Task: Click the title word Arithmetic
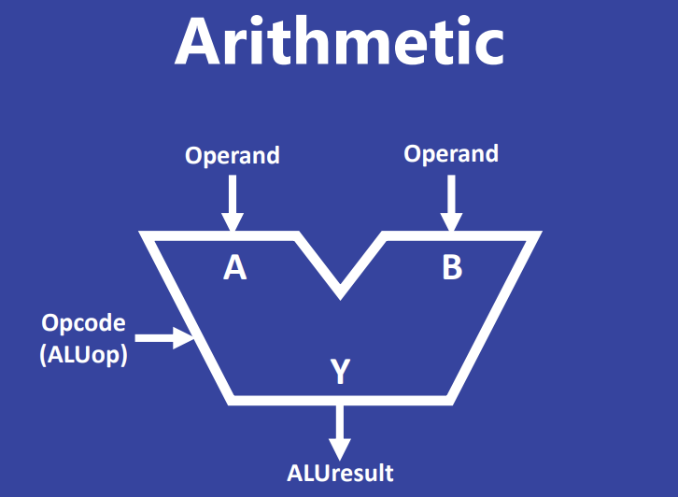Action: (x=339, y=42)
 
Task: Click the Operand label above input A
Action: (x=233, y=155)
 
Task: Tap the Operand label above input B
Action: (x=451, y=153)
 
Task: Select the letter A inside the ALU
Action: (x=234, y=269)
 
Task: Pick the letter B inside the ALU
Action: (x=452, y=269)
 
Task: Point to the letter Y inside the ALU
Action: (x=340, y=373)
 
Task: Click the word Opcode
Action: (x=83, y=323)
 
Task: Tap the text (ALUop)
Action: (x=84, y=354)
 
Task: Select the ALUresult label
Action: (x=340, y=473)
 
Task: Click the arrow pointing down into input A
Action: (x=233, y=201)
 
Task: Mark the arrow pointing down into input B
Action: (x=451, y=201)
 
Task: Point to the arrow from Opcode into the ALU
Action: (x=166, y=337)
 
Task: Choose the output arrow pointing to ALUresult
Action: (x=340, y=431)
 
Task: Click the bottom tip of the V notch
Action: (x=340, y=292)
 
